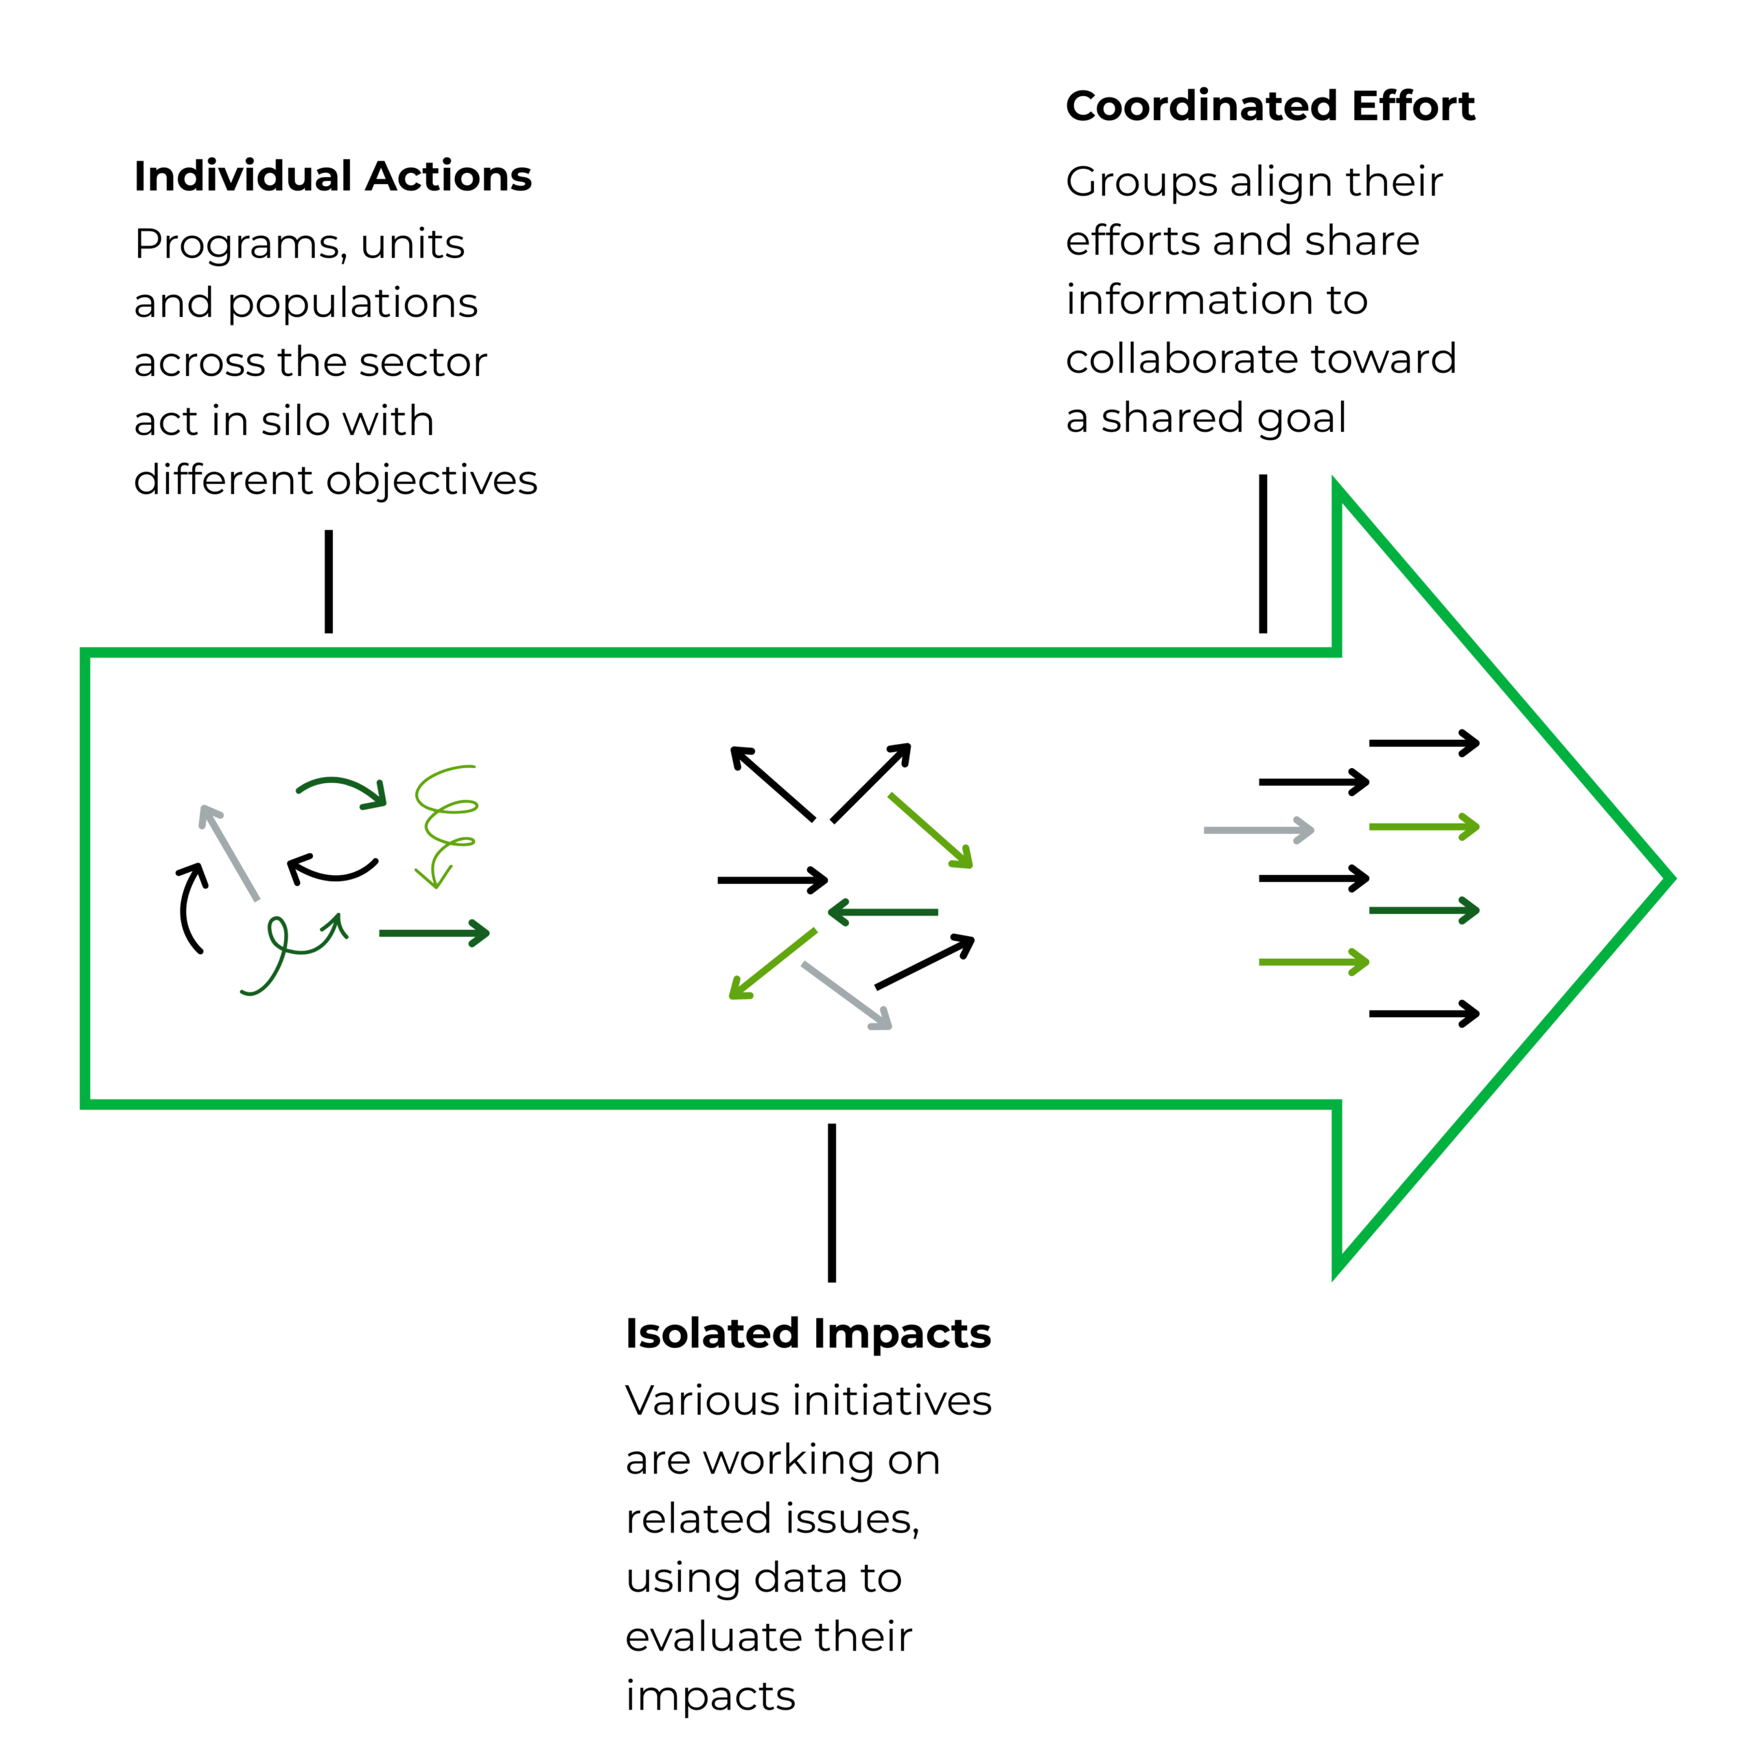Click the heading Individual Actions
[332, 176]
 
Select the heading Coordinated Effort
[1270, 106]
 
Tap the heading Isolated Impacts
[808, 1334]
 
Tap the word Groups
[1141, 182]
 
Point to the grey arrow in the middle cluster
[846, 996]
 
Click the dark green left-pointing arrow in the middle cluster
[883, 912]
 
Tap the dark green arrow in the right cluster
[1423, 910]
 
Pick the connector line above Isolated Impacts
[832, 1202]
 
